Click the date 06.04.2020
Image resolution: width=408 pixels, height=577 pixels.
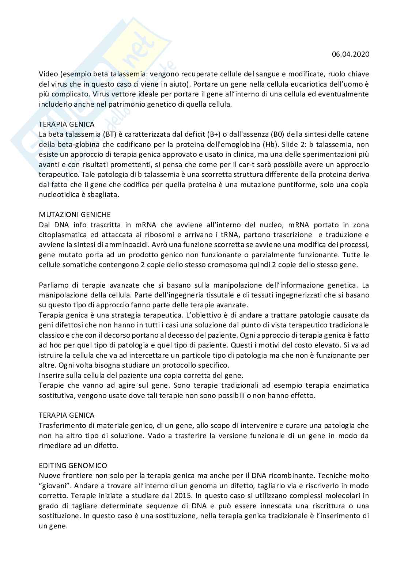(x=351, y=54)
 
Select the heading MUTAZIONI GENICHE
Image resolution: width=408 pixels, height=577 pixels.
(x=75, y=215)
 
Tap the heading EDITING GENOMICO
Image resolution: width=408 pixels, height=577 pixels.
(x=73, y=466)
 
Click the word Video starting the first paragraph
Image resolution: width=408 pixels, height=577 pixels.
(x=48, y=74)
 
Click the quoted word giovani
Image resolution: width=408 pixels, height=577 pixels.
(x=55, y=486)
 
